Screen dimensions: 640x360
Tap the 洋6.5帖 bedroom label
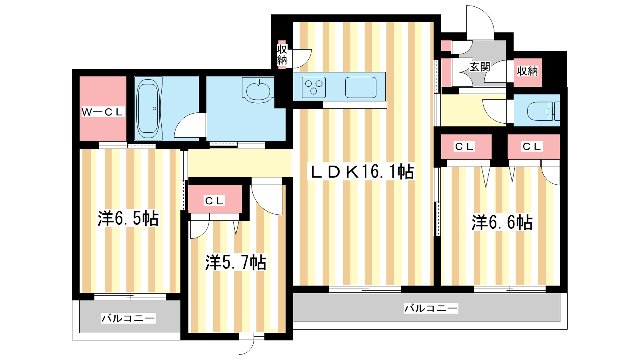(x=128, y=218)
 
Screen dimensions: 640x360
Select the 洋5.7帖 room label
(x=236, y=262)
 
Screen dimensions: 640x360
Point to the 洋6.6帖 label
(x=502, y=222)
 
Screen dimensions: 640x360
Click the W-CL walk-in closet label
(x=102, y=112)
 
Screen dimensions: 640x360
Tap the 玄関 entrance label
(x=480, y=67)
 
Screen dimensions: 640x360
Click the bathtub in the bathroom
(x=148, y=108)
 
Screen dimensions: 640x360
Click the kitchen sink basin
(x=360, y=88)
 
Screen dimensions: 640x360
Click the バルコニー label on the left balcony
(x=128, y=318)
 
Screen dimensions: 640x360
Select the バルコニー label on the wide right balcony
(x=431, y=308)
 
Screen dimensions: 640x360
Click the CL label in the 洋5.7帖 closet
(x=214, y=201)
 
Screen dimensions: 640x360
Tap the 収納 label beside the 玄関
(x=528, y=71)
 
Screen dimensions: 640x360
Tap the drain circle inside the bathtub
(x=154, y=108)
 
